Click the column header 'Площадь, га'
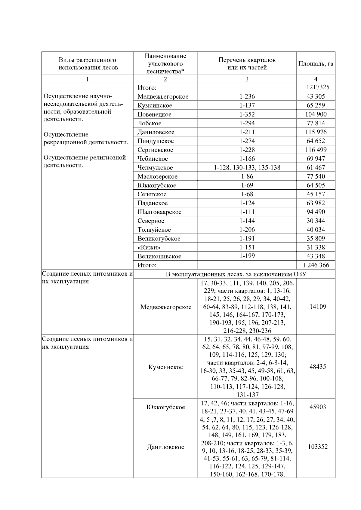(x=316, y=64)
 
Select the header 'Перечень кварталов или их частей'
(x=247, y=64)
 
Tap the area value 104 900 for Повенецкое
(x=316, y=114)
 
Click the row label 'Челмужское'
(x=155, y=168)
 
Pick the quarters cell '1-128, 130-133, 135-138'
(x=247, y=168)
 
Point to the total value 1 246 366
(x=316, y=265)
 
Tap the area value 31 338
(x=316, y=247)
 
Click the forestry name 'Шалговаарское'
(x=159, y=212)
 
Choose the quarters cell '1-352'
(x=247, y=114)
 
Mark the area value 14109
(x=317, y=307)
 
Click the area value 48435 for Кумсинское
(x=317, y=367)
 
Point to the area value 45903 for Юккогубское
(x=317, y=407)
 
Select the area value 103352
(x=317, y=447)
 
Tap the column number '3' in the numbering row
(x=247, y=79)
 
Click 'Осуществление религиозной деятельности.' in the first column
(x=85, y=161)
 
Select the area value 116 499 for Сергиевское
(x=316, y=150)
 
